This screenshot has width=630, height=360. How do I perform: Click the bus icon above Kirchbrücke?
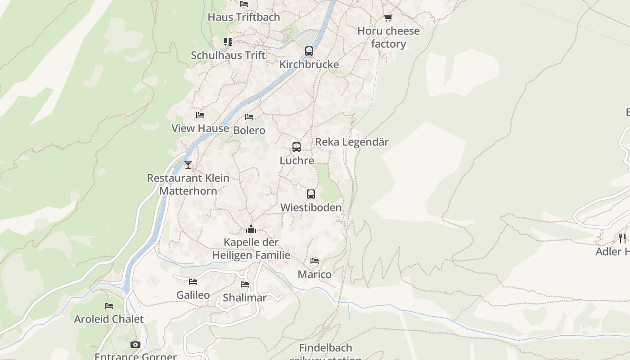(x=309, y=51)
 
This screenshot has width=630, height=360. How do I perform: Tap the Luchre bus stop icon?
(x=297, y=147)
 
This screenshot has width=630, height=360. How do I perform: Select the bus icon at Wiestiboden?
(x=311, y=194)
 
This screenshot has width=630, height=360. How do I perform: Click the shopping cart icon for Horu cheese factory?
(x=388, y=18)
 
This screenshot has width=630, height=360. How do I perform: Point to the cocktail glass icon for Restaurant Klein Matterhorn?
(x=188, y=165)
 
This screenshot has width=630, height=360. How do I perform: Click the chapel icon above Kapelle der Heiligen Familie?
(x=251, y=229)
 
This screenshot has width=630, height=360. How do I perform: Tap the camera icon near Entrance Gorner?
(x=135, y=345)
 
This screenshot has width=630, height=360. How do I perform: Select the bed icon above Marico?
(x=315, y=261)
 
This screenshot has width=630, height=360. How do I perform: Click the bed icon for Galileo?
(x=193, y=282)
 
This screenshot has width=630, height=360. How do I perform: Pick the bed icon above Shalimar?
(x=245, y=284)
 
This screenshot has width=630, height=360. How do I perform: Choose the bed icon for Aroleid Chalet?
(x=109, y=306)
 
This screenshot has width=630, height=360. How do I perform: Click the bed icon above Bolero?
(x=249, y=117)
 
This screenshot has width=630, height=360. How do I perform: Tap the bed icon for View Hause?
(x=200, y=115)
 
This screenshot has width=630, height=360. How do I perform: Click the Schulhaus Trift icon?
(x=228, y=42)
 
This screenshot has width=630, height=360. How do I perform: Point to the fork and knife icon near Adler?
(x=622, y=238)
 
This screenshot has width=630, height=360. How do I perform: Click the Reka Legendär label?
(x=351, y=142)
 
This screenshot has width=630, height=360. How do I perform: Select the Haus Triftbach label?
(x=243, y=18)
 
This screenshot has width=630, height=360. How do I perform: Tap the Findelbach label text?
(x=325, y=348)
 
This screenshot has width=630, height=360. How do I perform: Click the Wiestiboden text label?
(x=310, y=208)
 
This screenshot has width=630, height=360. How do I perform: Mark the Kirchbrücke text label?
(x=309, y=65)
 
